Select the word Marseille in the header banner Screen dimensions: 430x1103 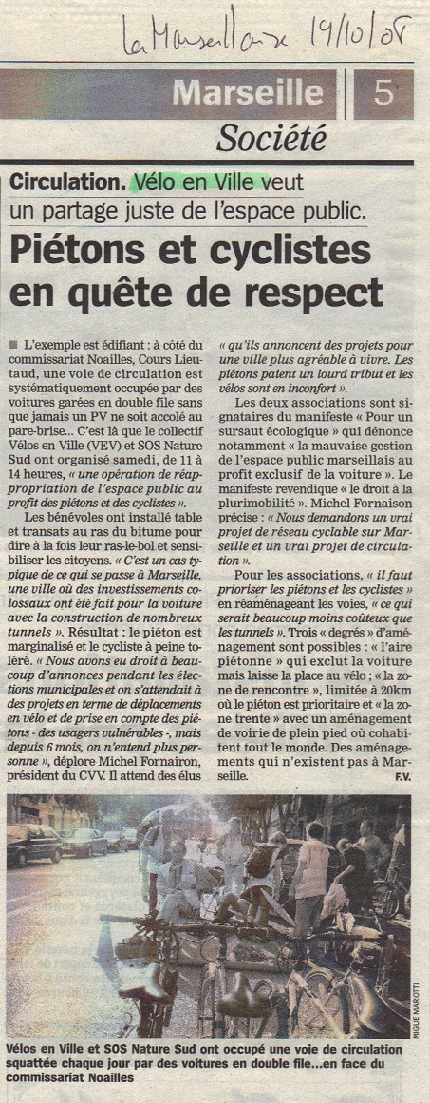tap(248, 93)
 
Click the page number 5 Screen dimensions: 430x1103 tap(383, 93)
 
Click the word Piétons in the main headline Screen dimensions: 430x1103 tap(75, 251)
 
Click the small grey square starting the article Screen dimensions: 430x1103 tap(11, 342)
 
